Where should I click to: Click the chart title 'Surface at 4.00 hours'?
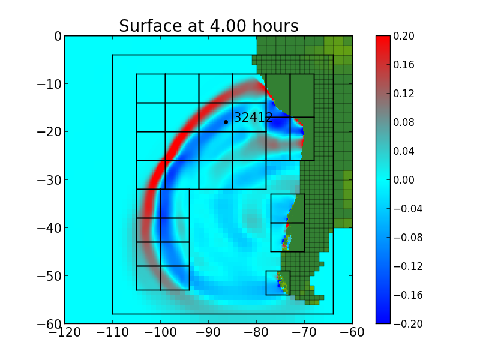click(208, 26)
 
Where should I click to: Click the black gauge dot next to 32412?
click(226, 122)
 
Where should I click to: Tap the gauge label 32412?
click(253, 118)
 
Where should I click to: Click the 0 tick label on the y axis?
click(58, 36)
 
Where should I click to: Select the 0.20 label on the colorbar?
click(404, 36)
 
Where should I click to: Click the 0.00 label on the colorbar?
click(404, 180)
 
